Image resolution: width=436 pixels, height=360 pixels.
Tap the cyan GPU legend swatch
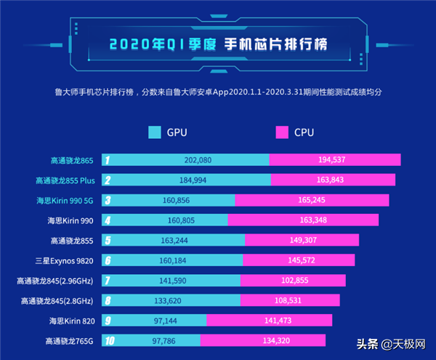[x=154, y=132]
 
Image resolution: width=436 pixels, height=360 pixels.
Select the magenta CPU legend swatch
[x=282, y=132]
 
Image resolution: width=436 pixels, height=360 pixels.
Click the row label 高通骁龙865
[x=70, y=159]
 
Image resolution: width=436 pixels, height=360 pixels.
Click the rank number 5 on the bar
[x=107, y=240]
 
